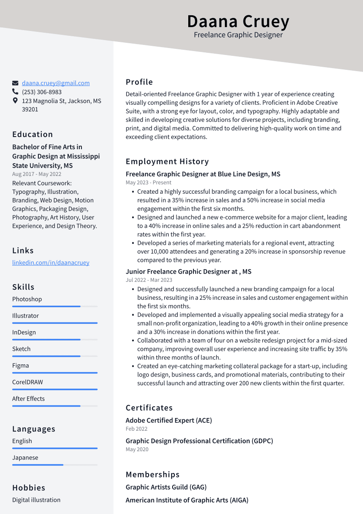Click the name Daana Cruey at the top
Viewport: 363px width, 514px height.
pyautogui.click(x=238, y=21)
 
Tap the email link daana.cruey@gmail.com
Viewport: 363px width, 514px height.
pyautogui.click(x=56, y=83)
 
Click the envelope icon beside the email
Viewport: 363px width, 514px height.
pyautogui.click(x=15, y=83)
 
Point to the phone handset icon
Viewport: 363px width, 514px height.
pyautogui.click(x=15, y=92)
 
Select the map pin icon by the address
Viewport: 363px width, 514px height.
pyautogui.click(x=15, y=101)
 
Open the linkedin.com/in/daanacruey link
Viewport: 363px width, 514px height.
pyautogui.click(x=51, y=263)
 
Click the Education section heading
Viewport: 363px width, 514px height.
pyautogui.click(x=33, y=134)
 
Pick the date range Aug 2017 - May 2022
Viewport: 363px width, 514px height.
pyautogui.click(x=37, y=174)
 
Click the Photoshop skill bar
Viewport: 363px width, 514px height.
pyautogui.click(x=54, y=306)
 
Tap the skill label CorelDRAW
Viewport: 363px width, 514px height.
pyautogui.click(x=27, y=382)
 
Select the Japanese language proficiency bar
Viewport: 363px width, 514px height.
pyautogui.click(x=54, y=465)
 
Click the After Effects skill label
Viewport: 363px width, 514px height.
pyautogui.click(x=28, y=399)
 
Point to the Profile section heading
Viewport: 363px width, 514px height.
pyautogui.click(x=139, y=82)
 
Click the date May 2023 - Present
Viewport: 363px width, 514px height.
pyautogui.click(x=149, y=182)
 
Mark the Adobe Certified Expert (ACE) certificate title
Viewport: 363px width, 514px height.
pyautogui.click(x=169, y=421)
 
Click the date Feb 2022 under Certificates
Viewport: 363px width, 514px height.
pyautogui.click(x=136, y=429)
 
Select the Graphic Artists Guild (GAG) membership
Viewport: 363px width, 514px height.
pyautogui.click(x=166, y=487)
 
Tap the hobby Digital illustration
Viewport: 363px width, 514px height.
pyautogui.click(x=36, y=500)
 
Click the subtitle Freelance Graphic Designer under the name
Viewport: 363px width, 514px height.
pyautogui.click(x=238, y=35)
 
